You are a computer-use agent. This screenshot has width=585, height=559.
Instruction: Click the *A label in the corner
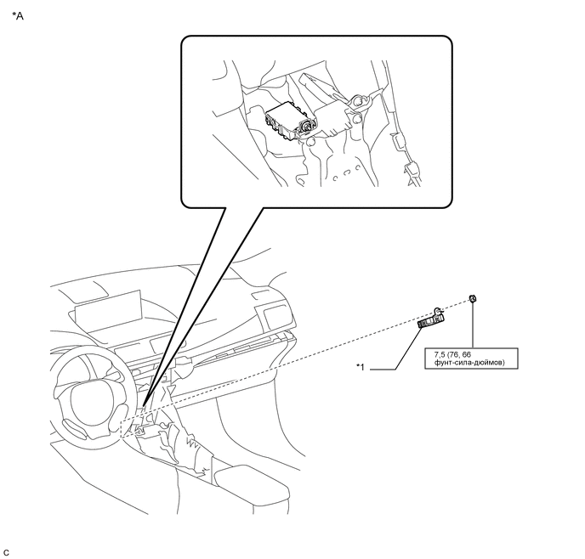pos(17,15)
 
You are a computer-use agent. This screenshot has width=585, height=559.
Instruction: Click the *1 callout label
pos(360,367)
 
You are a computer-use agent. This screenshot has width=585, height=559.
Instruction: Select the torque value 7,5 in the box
pos(440,354)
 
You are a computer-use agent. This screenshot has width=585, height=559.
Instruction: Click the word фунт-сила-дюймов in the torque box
pos(469,362)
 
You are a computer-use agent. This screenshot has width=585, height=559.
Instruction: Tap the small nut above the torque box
pos(473,298)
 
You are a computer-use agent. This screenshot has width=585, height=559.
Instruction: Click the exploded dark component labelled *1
pos(431,319)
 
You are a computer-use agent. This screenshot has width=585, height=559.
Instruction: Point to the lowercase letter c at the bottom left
pos(6,552)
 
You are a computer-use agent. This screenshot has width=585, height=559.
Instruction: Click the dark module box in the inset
pos(289,121)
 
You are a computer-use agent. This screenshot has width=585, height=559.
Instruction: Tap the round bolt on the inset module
pos(307,127)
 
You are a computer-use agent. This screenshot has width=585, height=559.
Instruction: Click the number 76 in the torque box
pos(456,354)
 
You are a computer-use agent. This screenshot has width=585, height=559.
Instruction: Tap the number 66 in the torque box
pos(466,354)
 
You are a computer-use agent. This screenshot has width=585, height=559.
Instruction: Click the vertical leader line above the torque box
pos(473,325)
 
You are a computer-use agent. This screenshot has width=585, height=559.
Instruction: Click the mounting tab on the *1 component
pos(437,310)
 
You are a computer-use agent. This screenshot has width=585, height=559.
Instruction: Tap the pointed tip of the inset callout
pos(143,405)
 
